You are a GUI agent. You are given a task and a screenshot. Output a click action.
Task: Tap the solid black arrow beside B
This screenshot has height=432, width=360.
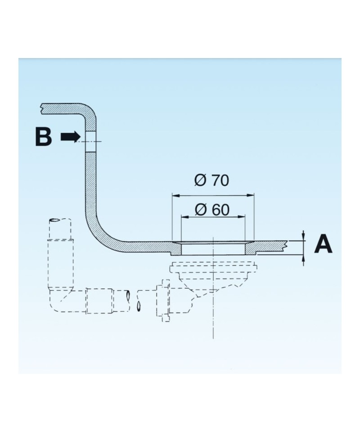(x=71, y=137)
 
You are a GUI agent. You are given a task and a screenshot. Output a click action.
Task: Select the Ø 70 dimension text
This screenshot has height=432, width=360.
(x=211, y=180)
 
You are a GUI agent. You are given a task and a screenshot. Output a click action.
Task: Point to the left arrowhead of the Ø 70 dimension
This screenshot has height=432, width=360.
(x=175, y=195)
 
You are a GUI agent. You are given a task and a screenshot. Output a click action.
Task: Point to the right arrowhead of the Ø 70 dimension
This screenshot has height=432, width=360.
(x=251, y=195)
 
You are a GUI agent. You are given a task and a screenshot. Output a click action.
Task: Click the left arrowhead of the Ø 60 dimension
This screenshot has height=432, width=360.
(x=184, y=216)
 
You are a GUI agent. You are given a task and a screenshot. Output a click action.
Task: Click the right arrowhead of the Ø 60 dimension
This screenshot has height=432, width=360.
(x=242, y=216)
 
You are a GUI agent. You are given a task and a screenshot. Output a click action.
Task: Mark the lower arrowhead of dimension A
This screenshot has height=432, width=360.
(x=304, y=259)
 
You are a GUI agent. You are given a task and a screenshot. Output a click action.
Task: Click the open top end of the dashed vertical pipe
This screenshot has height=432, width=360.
(x=60, y=221)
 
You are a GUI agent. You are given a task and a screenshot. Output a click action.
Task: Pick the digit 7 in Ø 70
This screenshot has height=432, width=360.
(x=213, y=180)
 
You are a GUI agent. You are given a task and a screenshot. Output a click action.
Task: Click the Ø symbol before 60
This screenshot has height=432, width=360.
(x=200, y=209)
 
